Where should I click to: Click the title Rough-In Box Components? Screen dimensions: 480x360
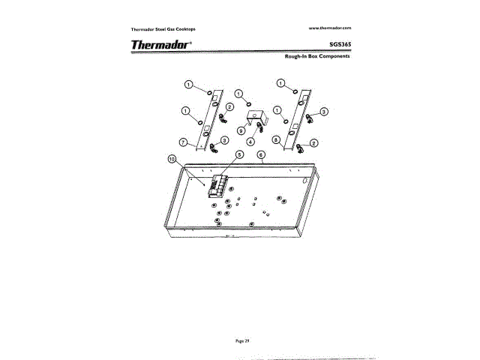tap(319, 57)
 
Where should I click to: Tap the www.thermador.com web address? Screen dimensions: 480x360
tap(330, 27)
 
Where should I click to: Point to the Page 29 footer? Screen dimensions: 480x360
tap(241, 340)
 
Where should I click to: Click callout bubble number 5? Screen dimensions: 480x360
tap(239, 154)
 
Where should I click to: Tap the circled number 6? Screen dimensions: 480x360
tap(262, 155)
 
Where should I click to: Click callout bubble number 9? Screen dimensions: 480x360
tap(241, 130)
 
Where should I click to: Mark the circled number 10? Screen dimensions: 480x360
tap(172, 159)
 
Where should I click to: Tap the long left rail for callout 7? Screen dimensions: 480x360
tap(205, 120)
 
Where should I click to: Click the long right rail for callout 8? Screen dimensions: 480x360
tap(295, 120)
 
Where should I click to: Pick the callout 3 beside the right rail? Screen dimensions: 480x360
tap(324, 112)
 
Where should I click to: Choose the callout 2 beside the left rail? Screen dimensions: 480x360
tap(228, 107)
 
